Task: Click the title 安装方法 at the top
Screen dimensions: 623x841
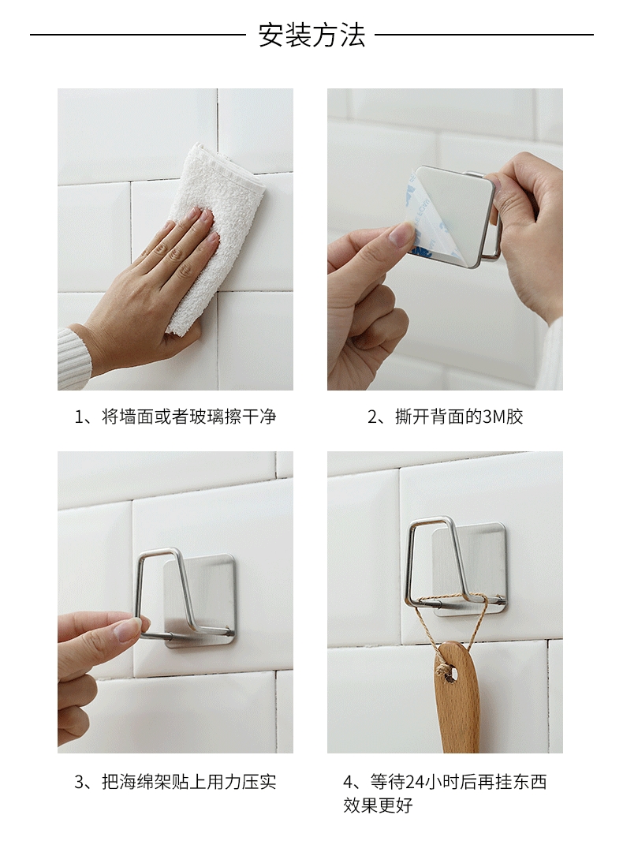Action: point(311,36)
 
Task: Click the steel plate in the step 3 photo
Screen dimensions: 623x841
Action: point(200,600)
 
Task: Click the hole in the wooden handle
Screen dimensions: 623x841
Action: point(451,673)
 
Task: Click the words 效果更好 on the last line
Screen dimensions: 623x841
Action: point(378,805)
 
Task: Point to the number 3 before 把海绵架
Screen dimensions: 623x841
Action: point(79,783)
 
